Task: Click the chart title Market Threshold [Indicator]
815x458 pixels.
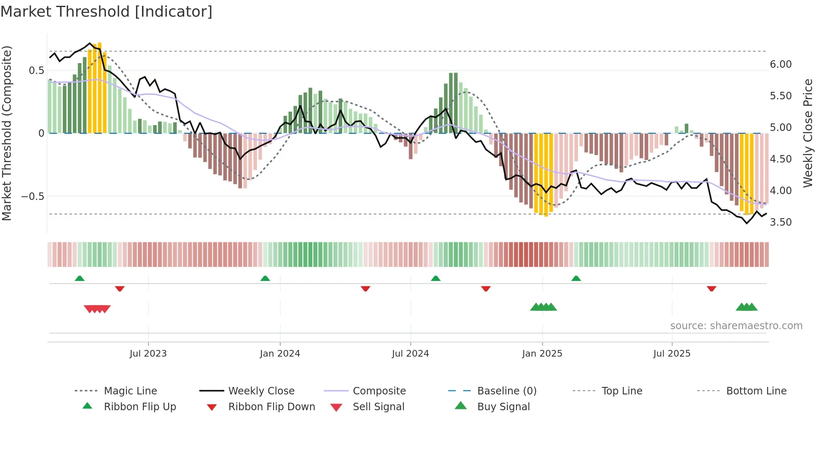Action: point(106,12)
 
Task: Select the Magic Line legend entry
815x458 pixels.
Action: point(130,391)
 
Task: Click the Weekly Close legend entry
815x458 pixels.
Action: point(261,391)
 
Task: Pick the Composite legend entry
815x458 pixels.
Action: point(379,391)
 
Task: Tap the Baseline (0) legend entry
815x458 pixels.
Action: point(506,391)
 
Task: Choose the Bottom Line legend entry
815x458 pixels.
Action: point(756,391)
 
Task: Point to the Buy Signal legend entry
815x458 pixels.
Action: point(503,407)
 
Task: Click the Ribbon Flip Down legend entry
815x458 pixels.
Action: point(272,407)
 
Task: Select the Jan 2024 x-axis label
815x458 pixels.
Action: point(280,354)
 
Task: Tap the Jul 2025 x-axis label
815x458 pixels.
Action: point(672,354)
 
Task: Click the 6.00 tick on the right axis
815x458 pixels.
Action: point(780,64)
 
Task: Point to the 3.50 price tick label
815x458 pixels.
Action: point(780,222)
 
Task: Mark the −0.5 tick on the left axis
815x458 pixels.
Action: point(32,196)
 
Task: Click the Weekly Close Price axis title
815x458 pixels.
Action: point(808,133)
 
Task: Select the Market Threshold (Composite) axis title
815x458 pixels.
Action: point(7,133)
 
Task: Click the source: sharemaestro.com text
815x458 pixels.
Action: point(736,326)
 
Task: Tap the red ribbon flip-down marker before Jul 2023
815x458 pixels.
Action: point(120,288)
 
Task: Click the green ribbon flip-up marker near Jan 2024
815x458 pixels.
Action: point(265,278)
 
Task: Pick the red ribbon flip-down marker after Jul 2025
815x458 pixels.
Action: point(711,288)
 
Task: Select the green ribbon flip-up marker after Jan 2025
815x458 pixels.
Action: point(576,278)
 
